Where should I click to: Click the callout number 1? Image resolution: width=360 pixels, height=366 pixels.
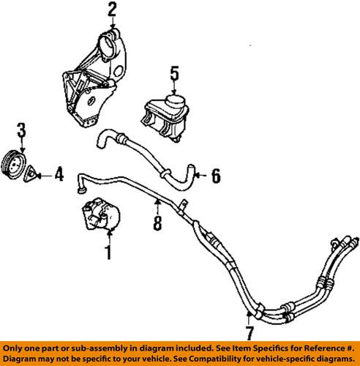(108, 254)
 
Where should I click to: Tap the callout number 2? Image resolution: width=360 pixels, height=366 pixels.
(111, 10)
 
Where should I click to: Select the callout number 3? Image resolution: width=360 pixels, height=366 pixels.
(21, 131)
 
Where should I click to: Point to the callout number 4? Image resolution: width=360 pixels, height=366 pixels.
(59, 175)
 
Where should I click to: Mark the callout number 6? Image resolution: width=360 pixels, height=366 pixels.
(215, 176)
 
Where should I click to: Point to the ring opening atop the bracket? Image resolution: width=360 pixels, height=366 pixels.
(113, 36)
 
